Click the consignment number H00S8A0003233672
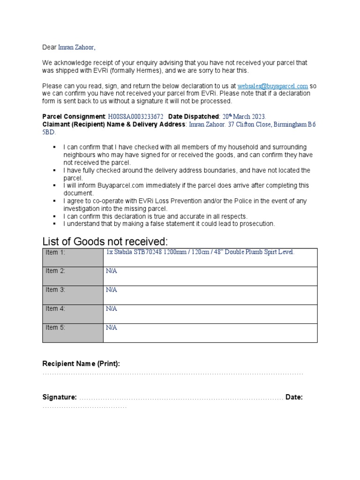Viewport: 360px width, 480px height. coord(136,116)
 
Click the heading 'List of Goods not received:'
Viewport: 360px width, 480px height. coord(105,241)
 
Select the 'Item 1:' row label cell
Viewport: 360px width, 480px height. coord(73,257)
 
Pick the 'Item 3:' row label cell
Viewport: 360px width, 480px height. coord(73,295)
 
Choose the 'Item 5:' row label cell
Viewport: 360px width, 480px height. coord(73,332)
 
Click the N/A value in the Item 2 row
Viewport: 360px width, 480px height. coord(112,271)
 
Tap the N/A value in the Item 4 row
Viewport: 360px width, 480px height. coord(112,308)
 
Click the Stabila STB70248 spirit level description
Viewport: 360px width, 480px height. coord(201,252)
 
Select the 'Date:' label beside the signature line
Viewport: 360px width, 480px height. coord(294,397)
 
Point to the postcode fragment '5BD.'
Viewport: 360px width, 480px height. coord(49,132)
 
